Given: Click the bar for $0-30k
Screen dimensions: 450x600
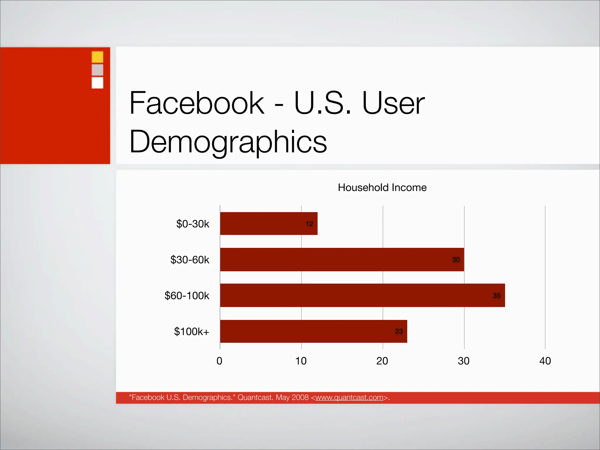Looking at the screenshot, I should (269, 224).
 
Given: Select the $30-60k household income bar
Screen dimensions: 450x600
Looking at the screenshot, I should (342, 260).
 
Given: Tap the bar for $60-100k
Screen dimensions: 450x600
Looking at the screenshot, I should (362, 295).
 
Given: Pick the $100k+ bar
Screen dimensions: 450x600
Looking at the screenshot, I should (313, 331).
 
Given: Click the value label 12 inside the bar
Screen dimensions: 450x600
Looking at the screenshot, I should (309, 224).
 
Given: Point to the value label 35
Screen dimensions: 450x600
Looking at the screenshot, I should (497, 295).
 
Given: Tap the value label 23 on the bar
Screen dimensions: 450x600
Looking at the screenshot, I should (399, 331).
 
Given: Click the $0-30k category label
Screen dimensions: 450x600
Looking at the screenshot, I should (193, 224).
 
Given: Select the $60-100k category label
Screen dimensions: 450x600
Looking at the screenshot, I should (187, 296).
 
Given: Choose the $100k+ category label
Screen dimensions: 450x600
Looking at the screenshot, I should (192, 332).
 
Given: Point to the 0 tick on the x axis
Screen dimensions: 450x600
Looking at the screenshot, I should (219, 361).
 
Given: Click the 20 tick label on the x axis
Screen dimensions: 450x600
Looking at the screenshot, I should (382, 361).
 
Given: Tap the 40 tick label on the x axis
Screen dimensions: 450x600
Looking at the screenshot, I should (545, 361).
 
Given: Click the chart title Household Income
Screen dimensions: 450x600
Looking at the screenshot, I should (382, 187).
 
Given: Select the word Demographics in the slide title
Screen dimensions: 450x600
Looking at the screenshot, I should (228, 142).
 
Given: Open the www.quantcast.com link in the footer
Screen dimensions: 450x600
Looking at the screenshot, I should (350, 398).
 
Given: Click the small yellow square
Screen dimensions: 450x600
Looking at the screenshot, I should (98, 57).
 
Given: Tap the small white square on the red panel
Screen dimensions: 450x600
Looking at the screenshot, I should (98, 83).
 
